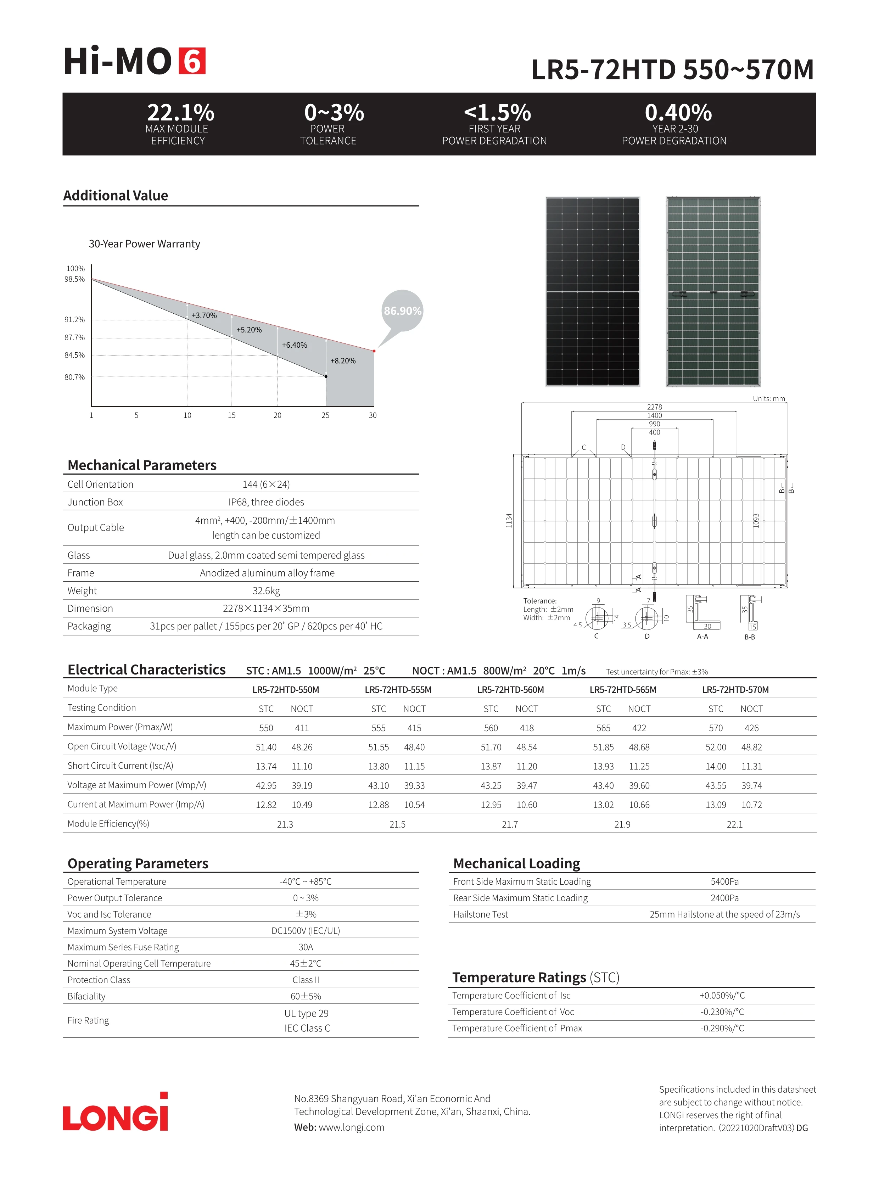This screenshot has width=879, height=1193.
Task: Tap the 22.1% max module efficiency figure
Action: (x=180, y=113)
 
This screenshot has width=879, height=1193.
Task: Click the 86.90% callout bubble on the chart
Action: (x=402, y=311)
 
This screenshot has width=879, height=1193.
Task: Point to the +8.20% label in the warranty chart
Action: (x=343, y=361)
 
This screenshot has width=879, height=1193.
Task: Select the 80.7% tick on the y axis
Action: (x=74, y=377)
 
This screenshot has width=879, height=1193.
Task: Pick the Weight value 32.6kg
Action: (x=266, y=590)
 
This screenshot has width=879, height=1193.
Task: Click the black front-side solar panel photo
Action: (x=592, y=292)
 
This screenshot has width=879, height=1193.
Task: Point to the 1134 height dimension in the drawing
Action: (x=509, y=520)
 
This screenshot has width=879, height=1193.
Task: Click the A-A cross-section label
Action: (x=702, y=637)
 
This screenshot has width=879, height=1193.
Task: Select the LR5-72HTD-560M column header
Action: (x=510, y=690)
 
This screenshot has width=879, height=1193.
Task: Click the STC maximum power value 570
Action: (x=716, y=728)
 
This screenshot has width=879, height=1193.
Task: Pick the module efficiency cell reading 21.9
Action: (x=622, y=824)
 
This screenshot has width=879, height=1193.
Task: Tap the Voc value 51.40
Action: (x=266, y=747)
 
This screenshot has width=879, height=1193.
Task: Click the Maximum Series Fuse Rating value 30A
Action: (x=306, y=947)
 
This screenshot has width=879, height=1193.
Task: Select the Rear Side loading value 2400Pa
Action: (x=724, y=898)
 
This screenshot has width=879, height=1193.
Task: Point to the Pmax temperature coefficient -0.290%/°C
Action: (x=722, y=1029)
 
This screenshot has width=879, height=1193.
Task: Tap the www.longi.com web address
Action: (x=351, y=1127)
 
